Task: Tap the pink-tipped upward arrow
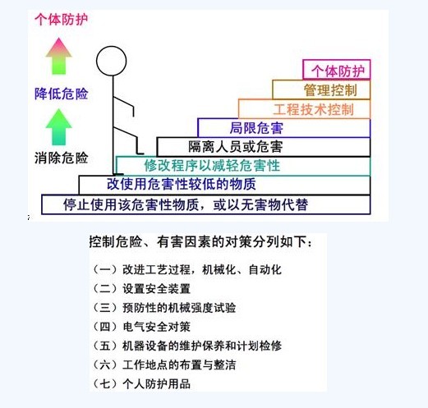coord(58,56)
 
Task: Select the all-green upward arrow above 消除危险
coord(58,127)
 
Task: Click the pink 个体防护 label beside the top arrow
coord(61,20)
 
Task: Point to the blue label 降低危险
coord(61,94)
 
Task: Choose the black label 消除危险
coord(61,158)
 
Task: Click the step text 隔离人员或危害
coord(236,147)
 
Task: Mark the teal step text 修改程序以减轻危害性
coord(212,166)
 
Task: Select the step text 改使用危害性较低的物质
coord(182,184)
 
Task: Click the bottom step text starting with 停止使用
coord(186,204)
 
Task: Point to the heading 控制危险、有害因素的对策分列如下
coord(200,241)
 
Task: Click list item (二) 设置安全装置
coord(141,289)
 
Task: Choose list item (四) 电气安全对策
coord(141,327)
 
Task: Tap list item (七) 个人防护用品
coord(141,383)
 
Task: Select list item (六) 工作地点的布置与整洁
coord(164,364)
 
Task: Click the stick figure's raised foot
coord(140,154)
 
